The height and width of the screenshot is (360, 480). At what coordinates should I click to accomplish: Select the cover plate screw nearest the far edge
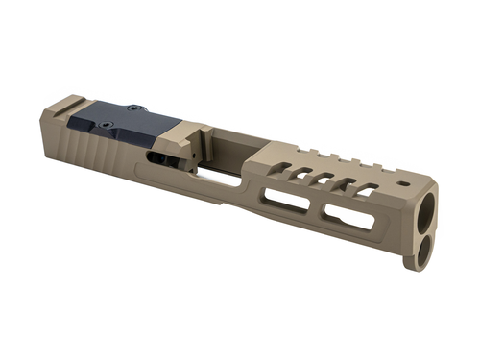tap(135, 109)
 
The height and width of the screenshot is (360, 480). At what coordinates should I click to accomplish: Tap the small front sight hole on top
tap(403, 181)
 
